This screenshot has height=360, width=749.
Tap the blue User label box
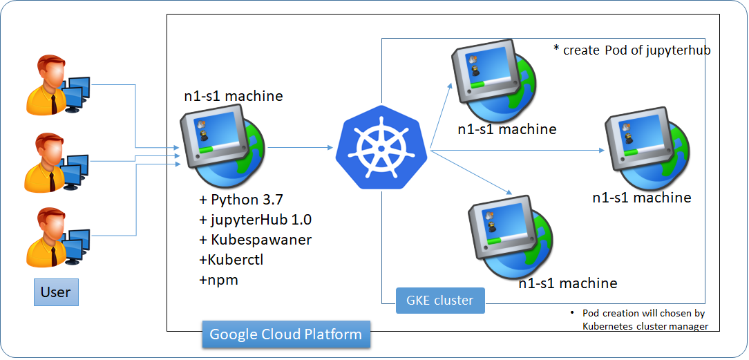56,292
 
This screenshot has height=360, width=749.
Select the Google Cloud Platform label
286,334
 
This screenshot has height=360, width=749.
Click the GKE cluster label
440,301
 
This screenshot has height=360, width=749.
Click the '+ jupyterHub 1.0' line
255,220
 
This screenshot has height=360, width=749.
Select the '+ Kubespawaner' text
255,240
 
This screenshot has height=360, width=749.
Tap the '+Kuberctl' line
231,260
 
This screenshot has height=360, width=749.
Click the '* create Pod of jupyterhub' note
632,50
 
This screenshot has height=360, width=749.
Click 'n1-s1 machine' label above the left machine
233,96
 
